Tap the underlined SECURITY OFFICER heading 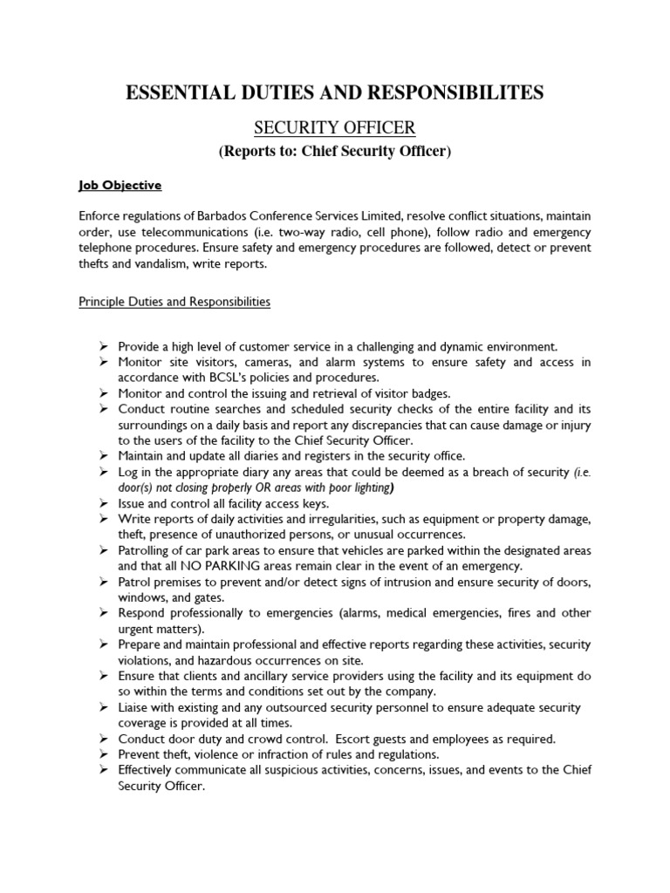[334, 128]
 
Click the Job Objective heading [120, 186]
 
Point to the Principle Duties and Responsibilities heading [174, 302]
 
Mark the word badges [431, 393]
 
